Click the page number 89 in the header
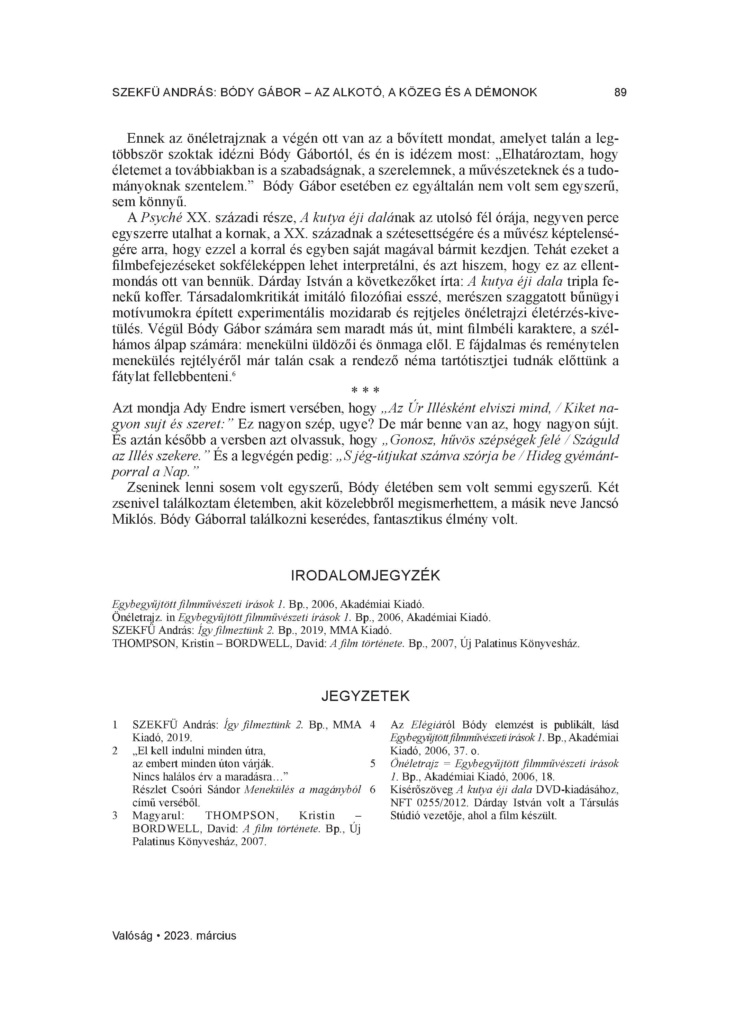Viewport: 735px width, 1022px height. pos(620,92)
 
